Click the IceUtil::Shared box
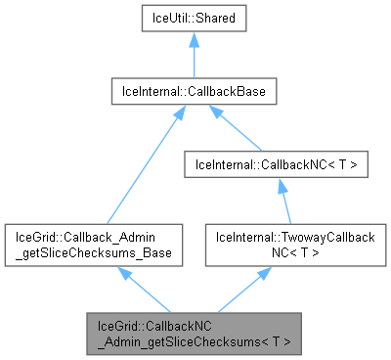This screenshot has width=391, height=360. tap(194, 20)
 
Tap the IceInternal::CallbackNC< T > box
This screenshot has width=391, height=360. tap(282, 164)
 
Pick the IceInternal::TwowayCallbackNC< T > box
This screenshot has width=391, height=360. tap(282, 245)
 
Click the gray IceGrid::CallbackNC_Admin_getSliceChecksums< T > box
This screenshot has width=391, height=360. tap(194, 334)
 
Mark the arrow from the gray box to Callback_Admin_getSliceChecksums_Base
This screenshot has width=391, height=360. tap(147, 291)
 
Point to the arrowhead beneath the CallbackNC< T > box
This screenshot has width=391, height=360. tap(282, 186)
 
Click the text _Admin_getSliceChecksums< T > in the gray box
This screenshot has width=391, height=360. tap(194, 341)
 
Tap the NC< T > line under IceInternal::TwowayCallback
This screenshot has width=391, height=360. tap(282, 252)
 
